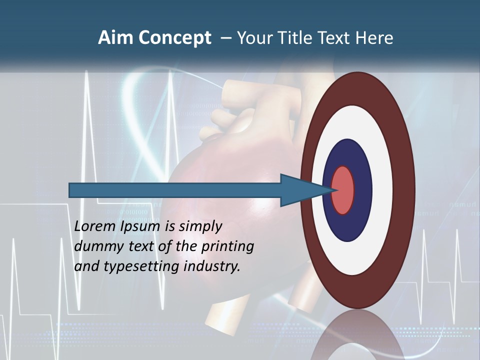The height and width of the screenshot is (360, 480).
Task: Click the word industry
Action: pyautogui.click(x=212, y=266)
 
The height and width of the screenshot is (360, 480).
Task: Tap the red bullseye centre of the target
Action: pyautogui.click(x=342, y=190)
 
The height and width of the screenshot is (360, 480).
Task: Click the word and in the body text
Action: pyautogui.click(x=86, y=266)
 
